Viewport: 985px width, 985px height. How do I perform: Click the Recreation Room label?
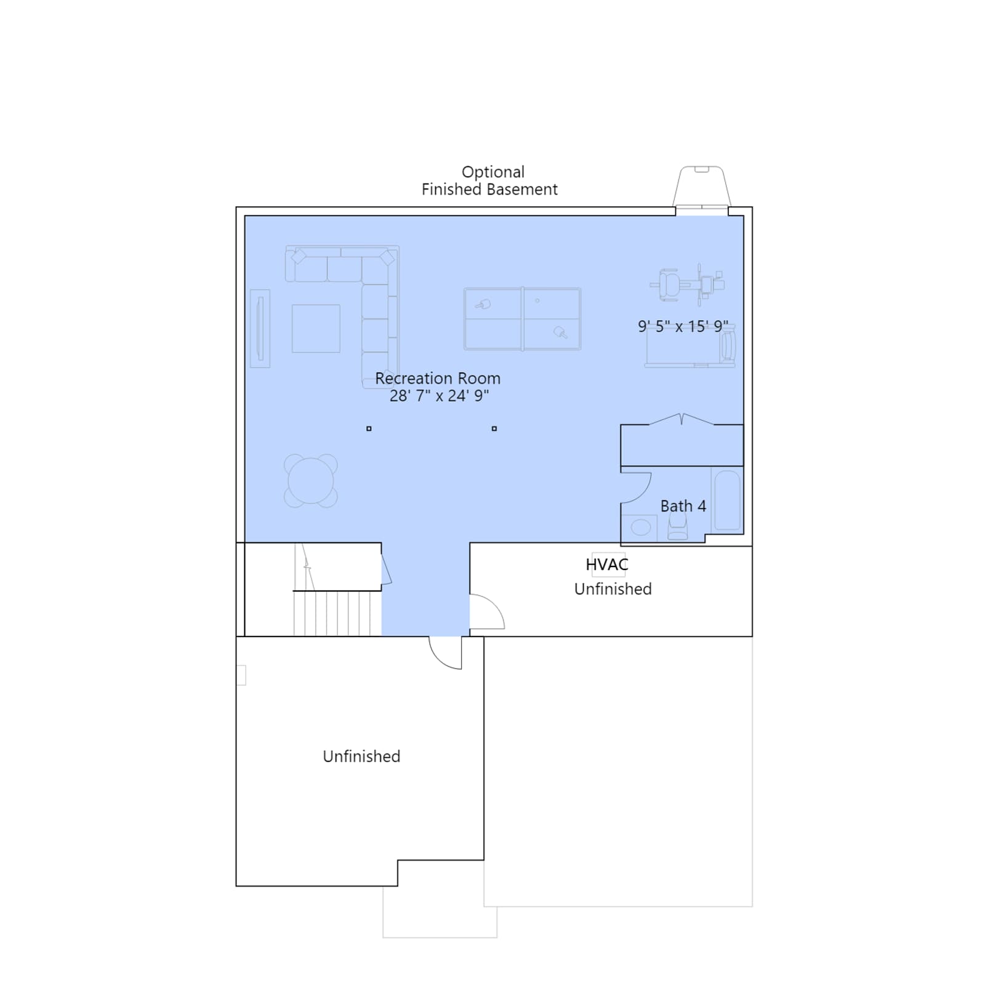click(438, 378)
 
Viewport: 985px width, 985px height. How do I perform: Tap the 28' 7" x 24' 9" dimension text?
click(439, 395)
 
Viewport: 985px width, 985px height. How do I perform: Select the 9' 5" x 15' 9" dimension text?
click(683, 326)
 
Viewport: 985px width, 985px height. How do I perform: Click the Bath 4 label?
click(683, 506)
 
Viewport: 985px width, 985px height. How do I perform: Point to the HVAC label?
click(607, 565)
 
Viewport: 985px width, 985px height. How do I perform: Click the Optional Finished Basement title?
click(490, 180)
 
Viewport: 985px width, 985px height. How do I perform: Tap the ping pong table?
click(522, 319)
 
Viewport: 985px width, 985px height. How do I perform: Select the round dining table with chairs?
click(311, 481)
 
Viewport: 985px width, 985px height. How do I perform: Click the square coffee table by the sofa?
click(316, 329)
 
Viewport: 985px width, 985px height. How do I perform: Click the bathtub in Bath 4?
click(727, 500)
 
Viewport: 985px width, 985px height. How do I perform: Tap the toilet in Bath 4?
click(677, 527)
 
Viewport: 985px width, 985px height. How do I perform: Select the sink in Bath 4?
click(641, 528)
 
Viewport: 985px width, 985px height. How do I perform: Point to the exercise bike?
click(687, 284)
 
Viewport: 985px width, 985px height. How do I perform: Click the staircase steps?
click(332, 613)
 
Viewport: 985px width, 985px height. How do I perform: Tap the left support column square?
click(369, 428)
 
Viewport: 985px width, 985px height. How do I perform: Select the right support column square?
click(494, 428)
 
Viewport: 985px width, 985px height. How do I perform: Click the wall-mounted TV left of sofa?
click(260, 328)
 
